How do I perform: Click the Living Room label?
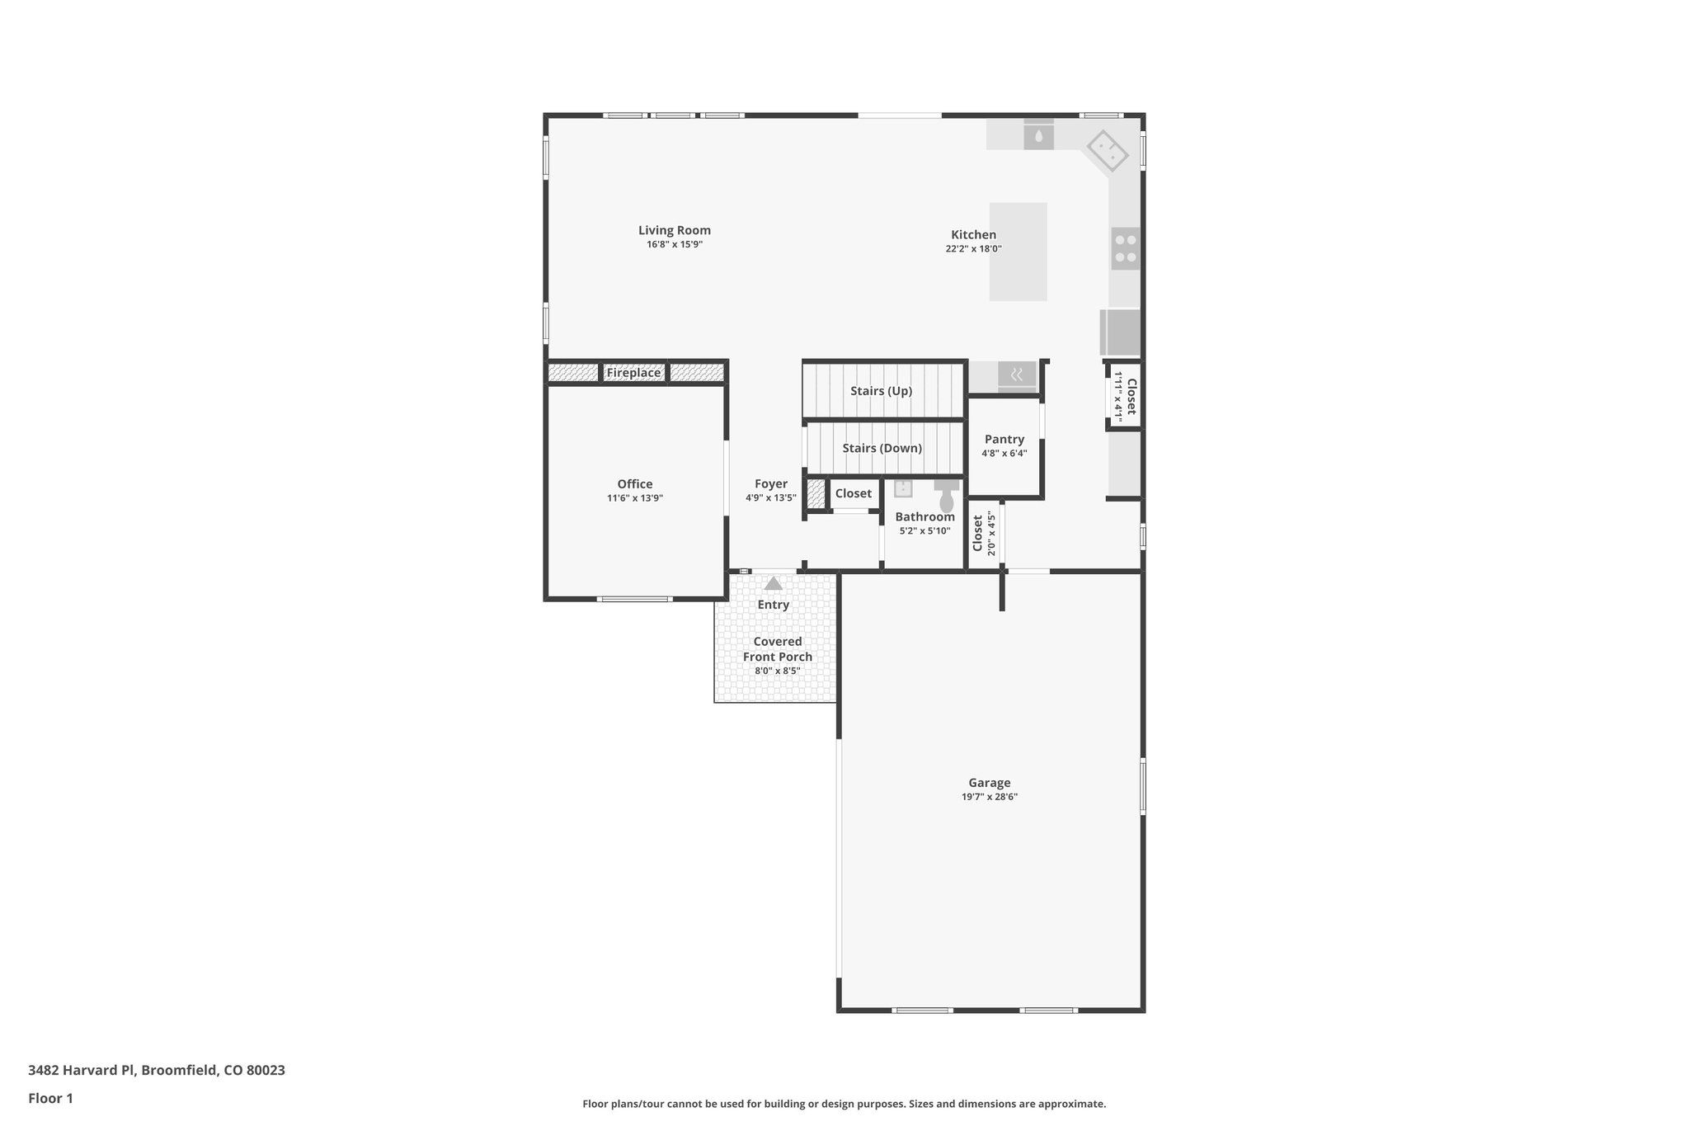[674, 231]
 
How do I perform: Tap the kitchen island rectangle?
[1018, 252]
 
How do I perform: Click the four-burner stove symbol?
[1125, 249]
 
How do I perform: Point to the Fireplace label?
[633, 373]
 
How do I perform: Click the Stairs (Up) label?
[881, 391]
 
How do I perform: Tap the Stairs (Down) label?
[882, 448]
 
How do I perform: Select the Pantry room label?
[1004, 440]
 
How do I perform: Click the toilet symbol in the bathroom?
[947, 499]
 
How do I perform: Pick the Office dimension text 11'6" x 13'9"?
[634, 498]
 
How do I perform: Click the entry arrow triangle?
[773, 584]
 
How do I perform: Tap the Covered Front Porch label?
[777, 649]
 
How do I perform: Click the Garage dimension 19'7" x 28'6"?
[989, 797]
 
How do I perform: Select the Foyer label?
[770, 484]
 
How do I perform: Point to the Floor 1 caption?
[50, 1099]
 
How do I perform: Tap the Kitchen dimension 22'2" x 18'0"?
[973, 249]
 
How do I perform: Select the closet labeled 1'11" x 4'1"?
[1125, 397]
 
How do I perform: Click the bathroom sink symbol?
[903, 488]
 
